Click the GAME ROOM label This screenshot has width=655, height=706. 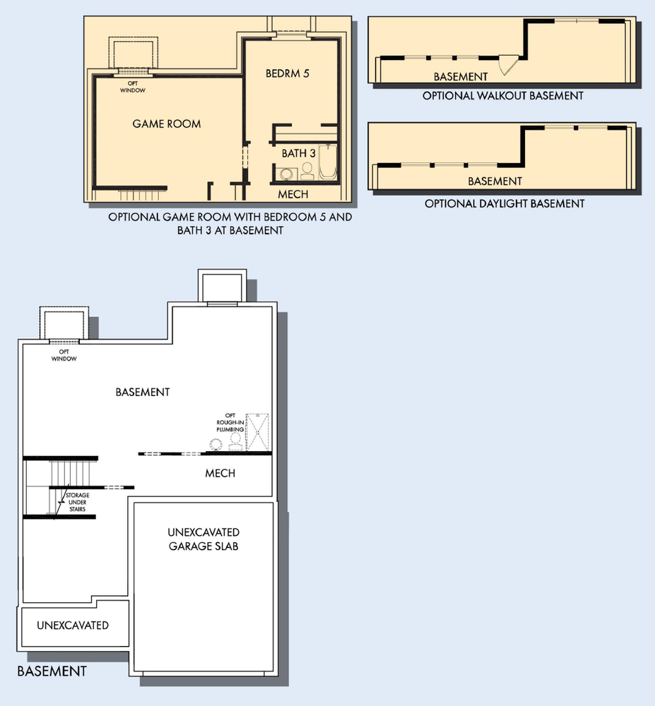coord(167,124)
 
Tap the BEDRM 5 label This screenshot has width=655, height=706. coord(288,73)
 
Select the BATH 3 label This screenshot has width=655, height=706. coord(299,153)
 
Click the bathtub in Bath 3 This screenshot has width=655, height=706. coord(328,162)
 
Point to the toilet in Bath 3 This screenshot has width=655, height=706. coord(307,171)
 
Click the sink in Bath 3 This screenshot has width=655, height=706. coord(285,174)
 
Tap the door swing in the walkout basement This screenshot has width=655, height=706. coord(509,65)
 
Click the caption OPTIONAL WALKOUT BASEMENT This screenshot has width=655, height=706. coord(503,96)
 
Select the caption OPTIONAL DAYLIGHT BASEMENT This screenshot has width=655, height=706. coord(504,204)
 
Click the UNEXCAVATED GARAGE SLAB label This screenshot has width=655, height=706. coord(203,539)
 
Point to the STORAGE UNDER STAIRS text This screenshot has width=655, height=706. coord(78,502)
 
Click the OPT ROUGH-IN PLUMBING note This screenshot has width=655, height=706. coord(230,422)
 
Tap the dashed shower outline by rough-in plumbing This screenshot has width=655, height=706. coord(257,432)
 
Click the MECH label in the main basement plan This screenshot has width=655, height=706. coord(220,473)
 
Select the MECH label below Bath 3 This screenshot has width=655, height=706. coord(293,195)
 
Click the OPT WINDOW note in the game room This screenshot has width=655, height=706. coord(133,87)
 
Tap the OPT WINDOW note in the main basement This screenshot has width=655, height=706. coord(64,355)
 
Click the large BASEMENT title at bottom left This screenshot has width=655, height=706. coord(52,671)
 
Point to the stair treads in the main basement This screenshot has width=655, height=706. coord(70,473)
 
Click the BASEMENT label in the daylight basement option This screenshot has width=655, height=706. coord(495,181)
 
